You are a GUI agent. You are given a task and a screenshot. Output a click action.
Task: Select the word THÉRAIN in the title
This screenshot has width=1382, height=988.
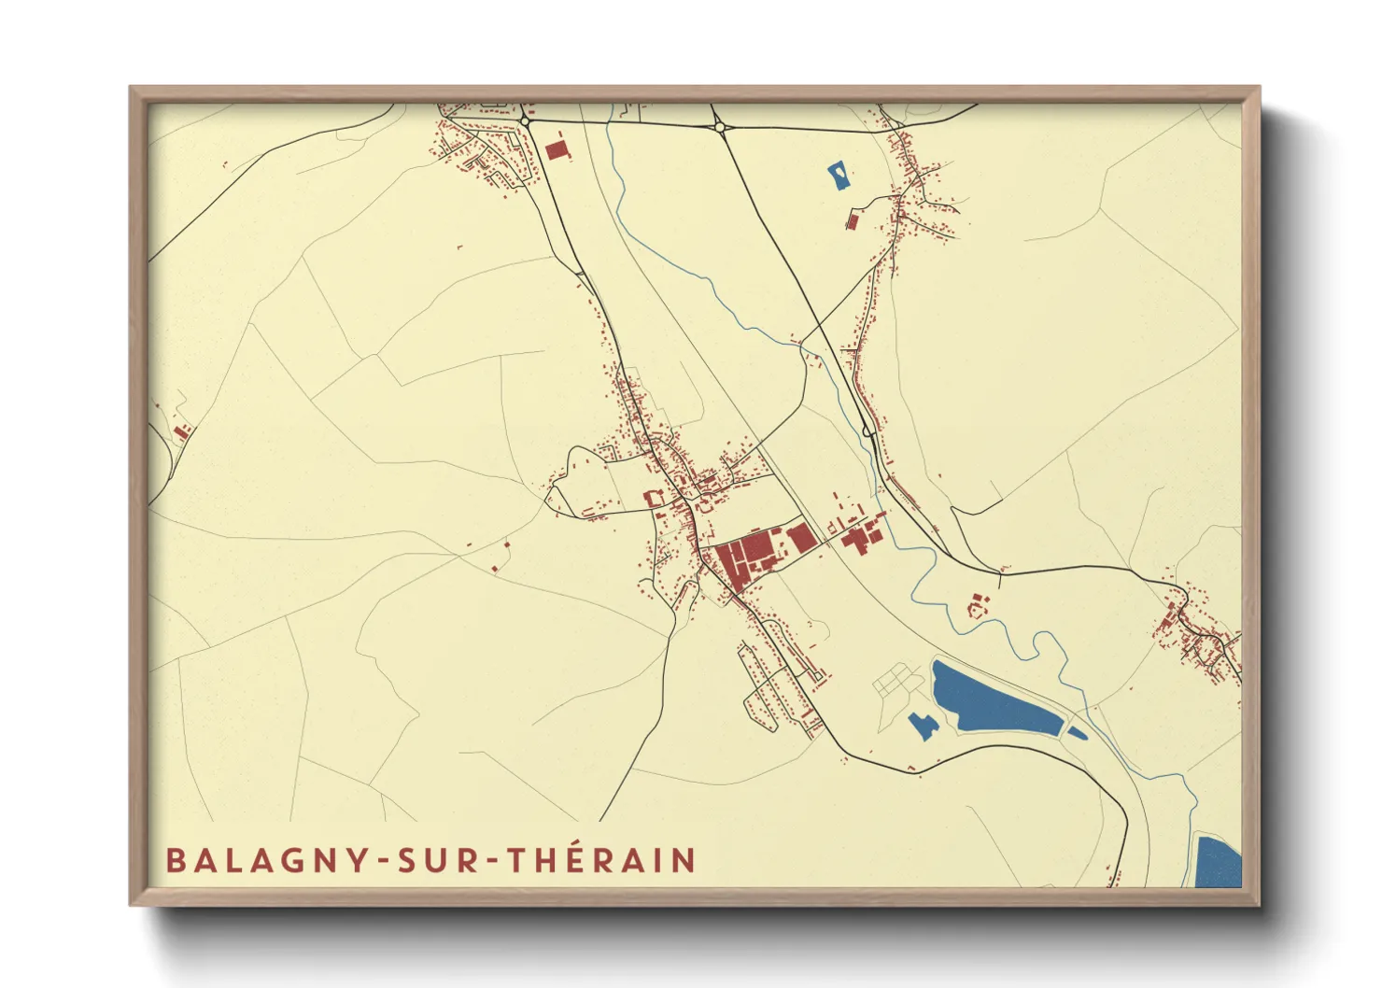(x=602, y=860)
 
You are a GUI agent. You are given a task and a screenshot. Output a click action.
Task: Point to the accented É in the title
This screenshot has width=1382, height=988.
(x=578, y=859)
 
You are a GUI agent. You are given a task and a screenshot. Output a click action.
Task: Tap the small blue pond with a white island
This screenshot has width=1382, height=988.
(x=839, y=176)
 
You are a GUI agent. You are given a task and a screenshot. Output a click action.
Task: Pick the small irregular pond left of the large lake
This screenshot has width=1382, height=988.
(x=923, y=725)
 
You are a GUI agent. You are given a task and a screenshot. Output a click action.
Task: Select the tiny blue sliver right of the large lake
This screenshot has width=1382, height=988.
(x=1077, y=733)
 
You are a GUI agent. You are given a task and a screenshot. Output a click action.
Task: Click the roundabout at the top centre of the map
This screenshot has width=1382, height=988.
(x=720, y=127)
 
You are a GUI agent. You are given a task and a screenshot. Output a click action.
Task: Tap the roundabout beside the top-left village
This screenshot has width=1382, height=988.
(x=526, y=121)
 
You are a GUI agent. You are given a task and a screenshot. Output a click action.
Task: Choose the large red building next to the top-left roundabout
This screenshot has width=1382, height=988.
(x=557, y=150)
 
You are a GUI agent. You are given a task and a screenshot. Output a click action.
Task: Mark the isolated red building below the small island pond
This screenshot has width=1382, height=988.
(x=852, y=220)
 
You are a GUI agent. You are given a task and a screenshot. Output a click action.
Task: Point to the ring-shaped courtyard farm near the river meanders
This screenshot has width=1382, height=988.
(x=977, y=606)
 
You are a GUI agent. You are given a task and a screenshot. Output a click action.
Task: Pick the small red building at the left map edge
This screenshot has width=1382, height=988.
(x=181, y=431)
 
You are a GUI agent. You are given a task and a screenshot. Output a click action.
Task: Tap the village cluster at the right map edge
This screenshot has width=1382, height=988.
(x=1200, y=635)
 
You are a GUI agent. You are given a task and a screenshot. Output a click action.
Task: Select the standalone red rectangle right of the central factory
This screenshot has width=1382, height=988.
(x=800, y=538)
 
